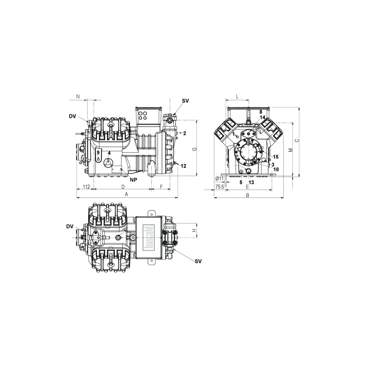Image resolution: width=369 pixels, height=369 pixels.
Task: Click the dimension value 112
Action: [x=86, y=186]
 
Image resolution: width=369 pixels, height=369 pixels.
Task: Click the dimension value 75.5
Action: [x=220, y=186]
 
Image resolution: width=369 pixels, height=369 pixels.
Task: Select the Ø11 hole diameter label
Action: [x=220, y=179]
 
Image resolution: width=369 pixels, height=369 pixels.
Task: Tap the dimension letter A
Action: [x=126, y=195]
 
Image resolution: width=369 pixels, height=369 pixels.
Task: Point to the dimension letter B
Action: [x=247, y=195]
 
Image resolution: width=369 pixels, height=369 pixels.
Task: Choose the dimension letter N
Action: [x=77, y=97]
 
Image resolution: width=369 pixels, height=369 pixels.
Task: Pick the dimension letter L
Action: [x=237, y=97]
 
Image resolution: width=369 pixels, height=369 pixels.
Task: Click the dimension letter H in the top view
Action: [x=194, y=230]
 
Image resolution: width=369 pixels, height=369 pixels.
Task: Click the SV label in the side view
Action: [x=185, y=100]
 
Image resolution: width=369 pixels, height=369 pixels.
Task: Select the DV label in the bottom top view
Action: [x=70, y=226]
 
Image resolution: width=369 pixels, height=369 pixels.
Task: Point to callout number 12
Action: [x=184, y=166]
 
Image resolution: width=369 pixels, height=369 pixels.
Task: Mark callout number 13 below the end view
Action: [x=251, y=182]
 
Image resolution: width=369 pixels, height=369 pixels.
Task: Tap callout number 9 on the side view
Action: [x=98, y=153]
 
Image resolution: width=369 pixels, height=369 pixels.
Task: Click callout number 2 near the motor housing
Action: [x=184, y=133]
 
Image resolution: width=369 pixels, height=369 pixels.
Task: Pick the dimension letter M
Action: [x=290, y=150]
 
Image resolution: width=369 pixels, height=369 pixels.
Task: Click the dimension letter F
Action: [x=161, y=186]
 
